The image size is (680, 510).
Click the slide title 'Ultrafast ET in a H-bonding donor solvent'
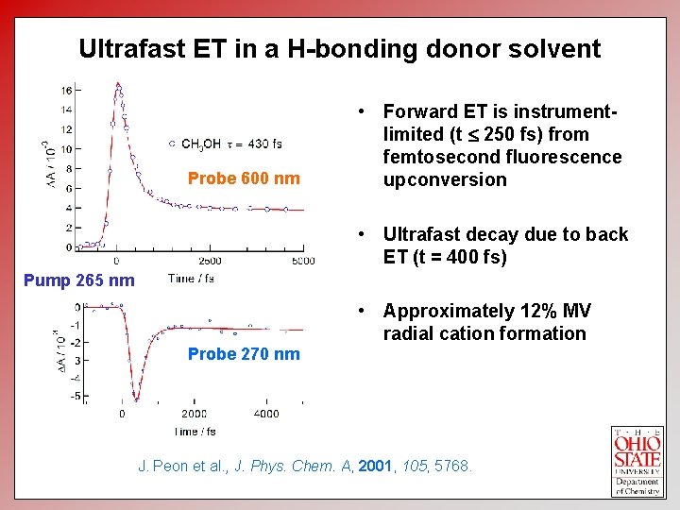[x=339, y=49]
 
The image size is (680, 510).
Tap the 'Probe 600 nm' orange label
[x=244, y=178]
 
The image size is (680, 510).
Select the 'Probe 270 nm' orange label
[x=244, y=354]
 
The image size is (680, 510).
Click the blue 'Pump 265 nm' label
[x=78, y=280]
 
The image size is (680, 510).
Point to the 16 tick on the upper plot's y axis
[x=67, y=91]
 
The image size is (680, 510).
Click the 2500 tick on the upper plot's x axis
[x=210, y=261]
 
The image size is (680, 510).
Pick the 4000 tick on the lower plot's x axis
[x=266, y=413]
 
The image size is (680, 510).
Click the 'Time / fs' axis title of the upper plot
[x=191, y=278]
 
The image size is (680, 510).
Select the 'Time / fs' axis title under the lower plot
[x=194, y=431]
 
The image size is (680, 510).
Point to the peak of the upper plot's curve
[x=118, y=84]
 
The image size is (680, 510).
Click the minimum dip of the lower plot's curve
[x=137, y=399]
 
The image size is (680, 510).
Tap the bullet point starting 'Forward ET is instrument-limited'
[x=501, y=145]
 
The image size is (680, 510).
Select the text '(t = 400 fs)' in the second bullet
[x=459, y=257]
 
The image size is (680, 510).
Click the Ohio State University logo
[x=637, y=460]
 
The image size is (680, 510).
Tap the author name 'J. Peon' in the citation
[x=163, y=466]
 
